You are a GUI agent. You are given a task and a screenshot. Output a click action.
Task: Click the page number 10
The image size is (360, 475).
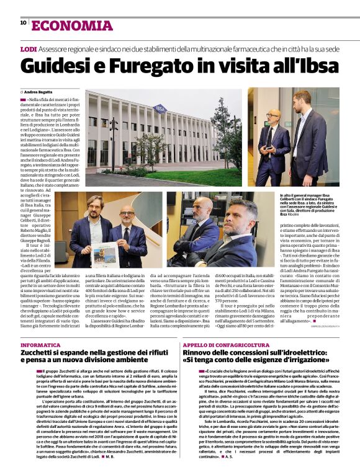click(23, 22)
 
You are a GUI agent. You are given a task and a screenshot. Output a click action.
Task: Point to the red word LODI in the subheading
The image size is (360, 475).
click(28, 48)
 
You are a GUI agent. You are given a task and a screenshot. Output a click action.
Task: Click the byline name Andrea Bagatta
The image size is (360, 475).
click(38, 91)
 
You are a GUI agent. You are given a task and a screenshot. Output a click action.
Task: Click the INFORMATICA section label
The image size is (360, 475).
click(40, 344)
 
